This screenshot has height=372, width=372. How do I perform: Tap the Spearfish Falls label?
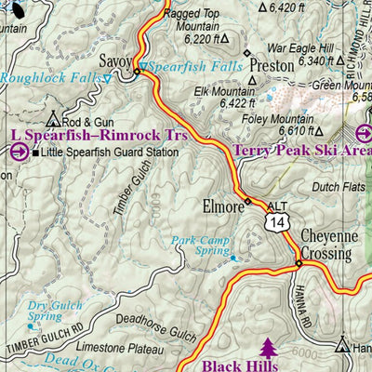pyautogui.click(x=193, y=68)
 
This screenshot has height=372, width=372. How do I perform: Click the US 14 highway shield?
pyautogui.click(x=274, y=221)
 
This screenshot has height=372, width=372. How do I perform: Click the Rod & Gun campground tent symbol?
pyautogui.click(x=53, y=120)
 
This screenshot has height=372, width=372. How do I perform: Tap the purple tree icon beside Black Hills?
pyautogui.click(x=269, y=348)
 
